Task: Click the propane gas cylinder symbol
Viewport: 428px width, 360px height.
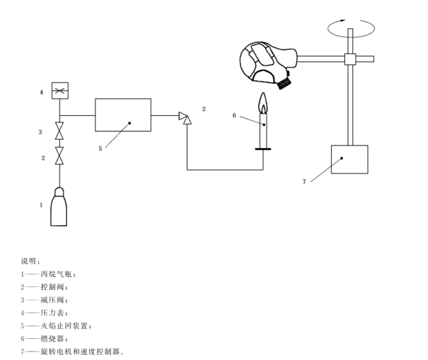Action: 60,208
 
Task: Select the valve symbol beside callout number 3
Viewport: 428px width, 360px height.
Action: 60,132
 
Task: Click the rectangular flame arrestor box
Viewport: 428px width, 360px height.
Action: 123,115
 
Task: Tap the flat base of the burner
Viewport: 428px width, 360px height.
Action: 263,149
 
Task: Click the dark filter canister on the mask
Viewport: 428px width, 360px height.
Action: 284,82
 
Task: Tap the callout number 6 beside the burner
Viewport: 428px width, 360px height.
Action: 234,115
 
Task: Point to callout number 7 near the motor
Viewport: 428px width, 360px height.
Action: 304,181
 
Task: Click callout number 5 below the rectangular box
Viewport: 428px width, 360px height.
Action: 100,148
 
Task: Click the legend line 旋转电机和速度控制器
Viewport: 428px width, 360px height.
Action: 72,351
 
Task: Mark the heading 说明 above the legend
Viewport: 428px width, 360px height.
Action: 30,261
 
